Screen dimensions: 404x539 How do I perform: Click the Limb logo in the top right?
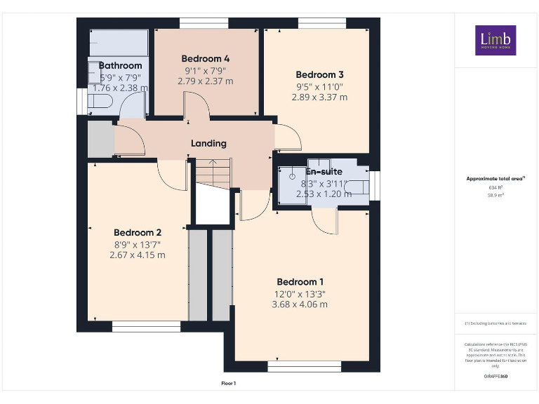pyautogui.click(x=495, y=41)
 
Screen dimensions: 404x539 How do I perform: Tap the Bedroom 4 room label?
pyautogui.click(x=206, y=59)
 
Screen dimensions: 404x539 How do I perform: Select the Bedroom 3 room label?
pyautogui.click(x=319, y=75)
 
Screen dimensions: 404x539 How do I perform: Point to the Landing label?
pyautogui.click(x=209, y=143)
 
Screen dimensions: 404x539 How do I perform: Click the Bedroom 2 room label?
pyautogui.click(x=138, y=233)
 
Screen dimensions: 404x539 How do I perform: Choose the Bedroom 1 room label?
pyautogui.click(x=300, y=282)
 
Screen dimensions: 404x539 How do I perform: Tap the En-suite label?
pyautogui.click(x=324, y=171)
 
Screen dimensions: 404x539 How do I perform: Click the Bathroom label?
pyautogui.click(x=120, y=66)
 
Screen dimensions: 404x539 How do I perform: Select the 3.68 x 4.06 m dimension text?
pyautogui.click(x=300, y=304)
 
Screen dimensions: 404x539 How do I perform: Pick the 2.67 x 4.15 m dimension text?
pyautogui.click(x=138, y=255)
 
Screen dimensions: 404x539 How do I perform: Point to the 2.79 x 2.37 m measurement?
pyautogui.click(x=206, y=81)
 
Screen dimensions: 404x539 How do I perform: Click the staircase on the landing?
pyautogui.click(x=213, y=172)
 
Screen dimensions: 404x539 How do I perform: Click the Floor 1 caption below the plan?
pyautogui.click(x=229, y=383)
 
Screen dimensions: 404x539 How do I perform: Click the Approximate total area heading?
pyautogui.click(x=495, y=179)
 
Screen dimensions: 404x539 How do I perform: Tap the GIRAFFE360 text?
pyautogui.click(x=495, y=377)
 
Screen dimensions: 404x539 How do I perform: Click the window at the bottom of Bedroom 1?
pyautogui.click(x=304, y=365)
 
